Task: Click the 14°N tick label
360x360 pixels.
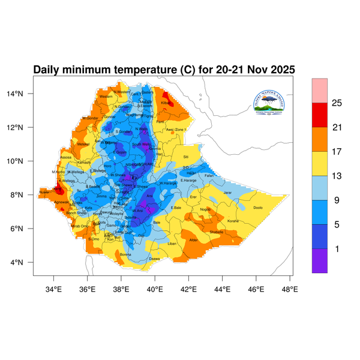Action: click(x=25, y=94)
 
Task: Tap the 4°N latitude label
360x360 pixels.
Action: click(x=26, y=263)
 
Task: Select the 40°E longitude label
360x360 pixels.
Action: click(x=155, y=289)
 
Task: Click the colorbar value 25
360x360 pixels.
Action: click(x=337, y=103)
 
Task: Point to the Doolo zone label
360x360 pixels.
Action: click(x=258, y=208)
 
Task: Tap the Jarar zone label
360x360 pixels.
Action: click(x=227, y=193)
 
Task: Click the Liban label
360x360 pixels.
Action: click(x=172, y=244)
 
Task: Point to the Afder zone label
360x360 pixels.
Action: click(x=193, y=240)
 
